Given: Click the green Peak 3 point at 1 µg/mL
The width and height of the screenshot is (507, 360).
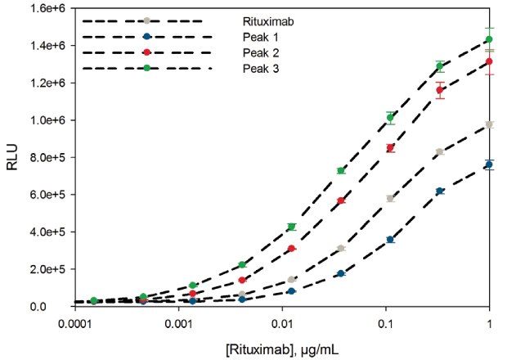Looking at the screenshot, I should click(x=490, y=39).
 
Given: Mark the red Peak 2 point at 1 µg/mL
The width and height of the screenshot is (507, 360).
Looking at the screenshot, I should click(x=490, y=61).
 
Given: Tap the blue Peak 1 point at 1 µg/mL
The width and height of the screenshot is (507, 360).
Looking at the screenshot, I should click(x=490, y=164).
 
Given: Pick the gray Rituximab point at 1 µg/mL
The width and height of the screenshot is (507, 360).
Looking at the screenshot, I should click(x=490, y=124).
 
